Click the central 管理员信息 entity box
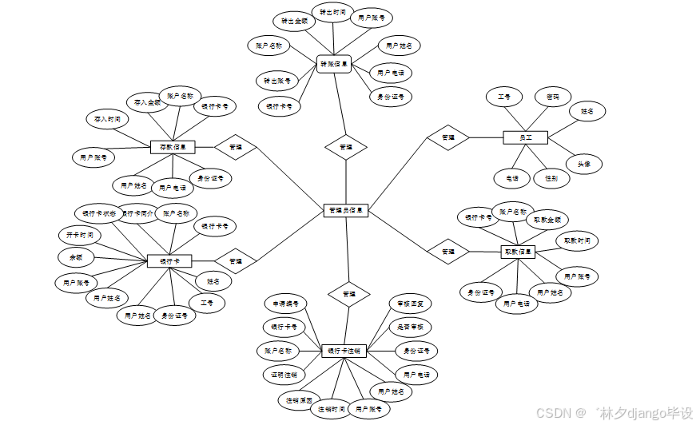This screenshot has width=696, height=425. [x=345, y=211]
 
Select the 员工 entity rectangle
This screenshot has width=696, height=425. [x=525, y=137]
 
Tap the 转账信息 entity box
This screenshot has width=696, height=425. [x=334, y=64]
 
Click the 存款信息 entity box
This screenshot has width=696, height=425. [x=173, y=147]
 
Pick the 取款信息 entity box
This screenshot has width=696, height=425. [x=518, y=252]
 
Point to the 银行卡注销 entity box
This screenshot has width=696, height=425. [x=344, y=351]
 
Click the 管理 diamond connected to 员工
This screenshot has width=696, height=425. [x=447, y=137]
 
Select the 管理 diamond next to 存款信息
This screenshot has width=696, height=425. [x=235, y=147]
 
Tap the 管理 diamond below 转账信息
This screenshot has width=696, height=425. [x=345, y=147]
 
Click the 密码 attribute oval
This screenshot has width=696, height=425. [x=553, y=97]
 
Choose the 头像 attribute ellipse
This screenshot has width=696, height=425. [x=584, y=164]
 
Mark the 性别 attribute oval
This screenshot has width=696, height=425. [x=551, y=178]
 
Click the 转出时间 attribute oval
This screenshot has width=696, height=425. [x=332, y=13]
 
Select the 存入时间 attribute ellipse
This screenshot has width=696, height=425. [x=106, y=119]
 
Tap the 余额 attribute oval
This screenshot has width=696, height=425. [x=76, y=257]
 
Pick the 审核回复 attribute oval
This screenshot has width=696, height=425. [x=411, y=304]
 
